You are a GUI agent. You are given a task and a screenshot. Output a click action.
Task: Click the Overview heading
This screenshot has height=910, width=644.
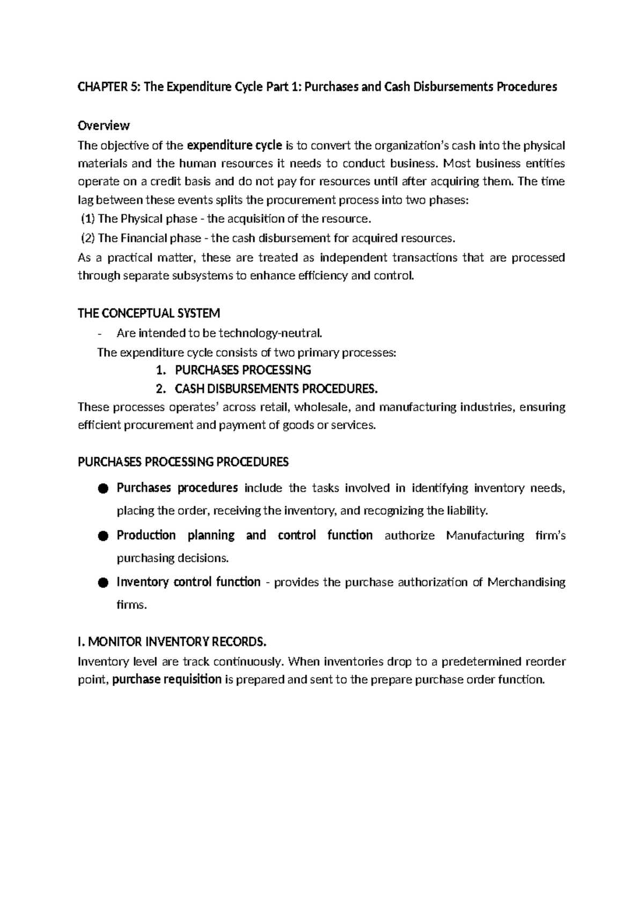(x=104, y=126)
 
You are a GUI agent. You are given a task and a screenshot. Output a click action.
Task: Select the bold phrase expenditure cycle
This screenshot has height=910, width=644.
(x=234, y=145)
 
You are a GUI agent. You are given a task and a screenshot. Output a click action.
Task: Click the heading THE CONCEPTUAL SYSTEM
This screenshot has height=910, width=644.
(x=149, y=313)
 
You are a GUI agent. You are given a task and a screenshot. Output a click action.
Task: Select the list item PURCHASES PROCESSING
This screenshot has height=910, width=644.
(x=243, y=370)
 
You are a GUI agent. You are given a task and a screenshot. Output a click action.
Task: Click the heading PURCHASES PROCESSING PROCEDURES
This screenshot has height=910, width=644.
(x=183, y=462)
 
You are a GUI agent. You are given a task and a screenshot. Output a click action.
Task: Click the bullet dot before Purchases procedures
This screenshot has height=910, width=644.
(x=104, y=488)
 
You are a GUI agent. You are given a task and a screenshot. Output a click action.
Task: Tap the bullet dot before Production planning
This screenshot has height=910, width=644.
(x=104, y=535)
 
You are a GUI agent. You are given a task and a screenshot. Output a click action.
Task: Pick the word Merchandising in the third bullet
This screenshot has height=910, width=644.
(x=526, y=582)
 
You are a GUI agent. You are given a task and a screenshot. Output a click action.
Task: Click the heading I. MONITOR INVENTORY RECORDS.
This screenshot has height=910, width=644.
(x=172, y=642)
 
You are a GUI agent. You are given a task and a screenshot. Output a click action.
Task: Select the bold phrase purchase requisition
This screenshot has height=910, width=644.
(x=167, y=679)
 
